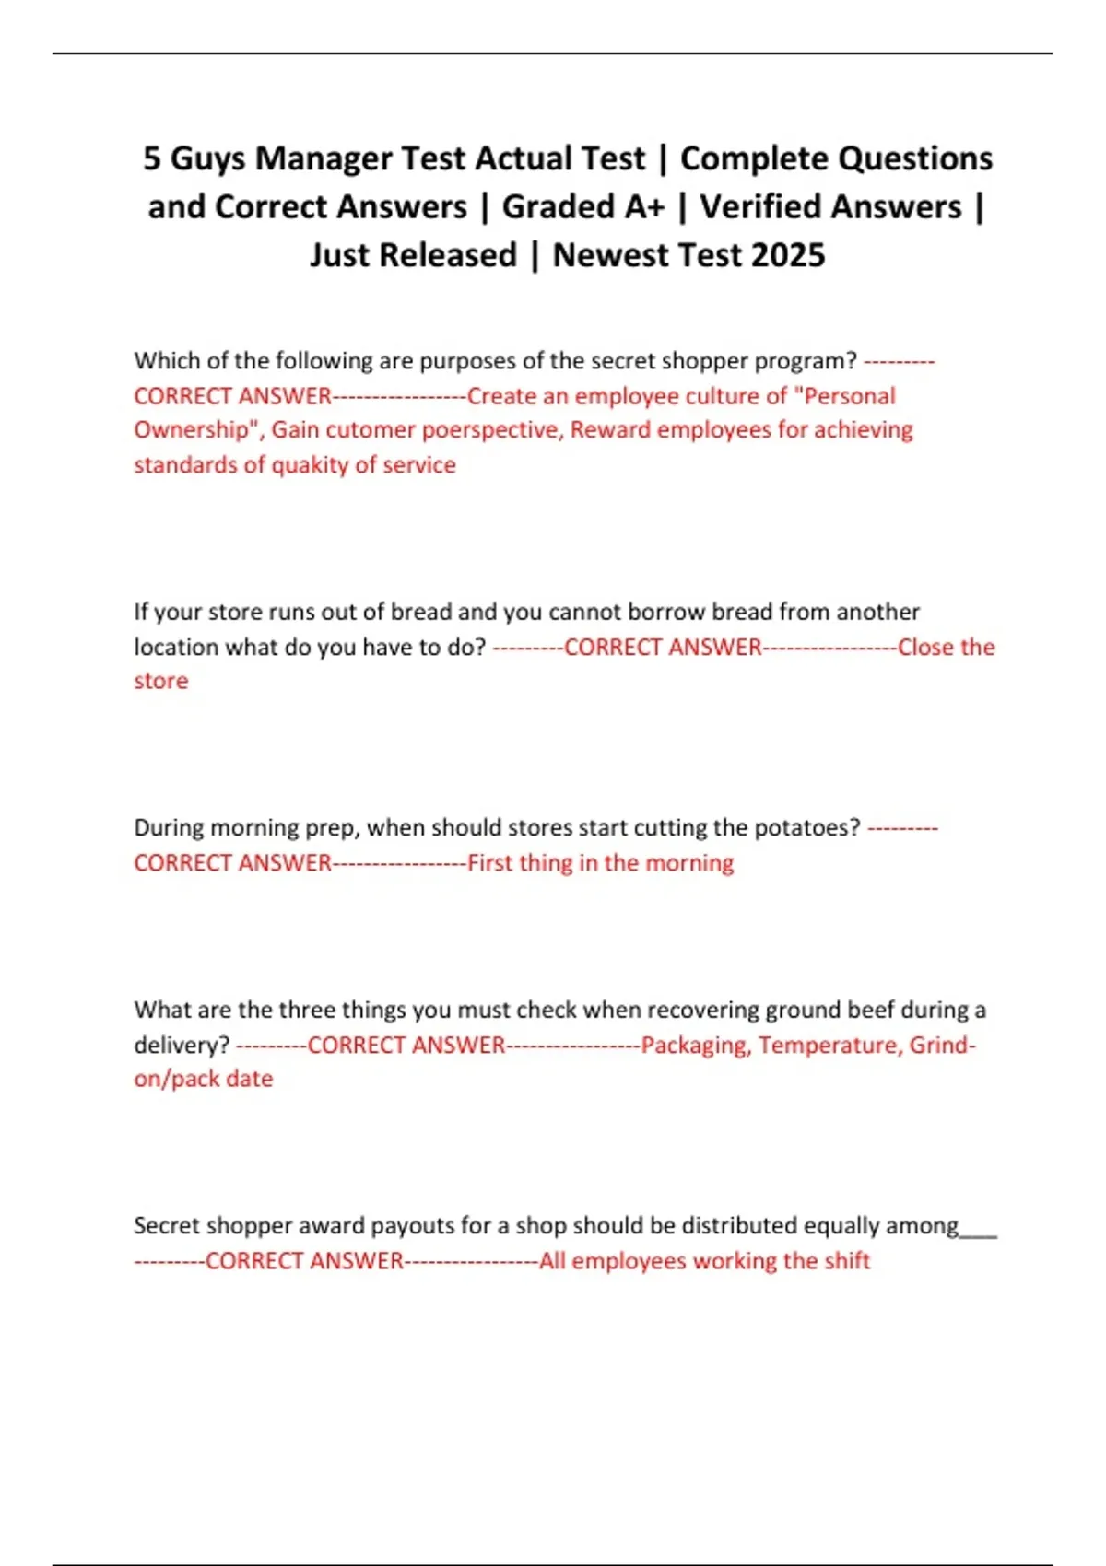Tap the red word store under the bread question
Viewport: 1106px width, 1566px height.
tap(160, 682)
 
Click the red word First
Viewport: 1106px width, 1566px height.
tap(489, 863)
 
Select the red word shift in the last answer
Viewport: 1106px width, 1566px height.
tap(847, 1261)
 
